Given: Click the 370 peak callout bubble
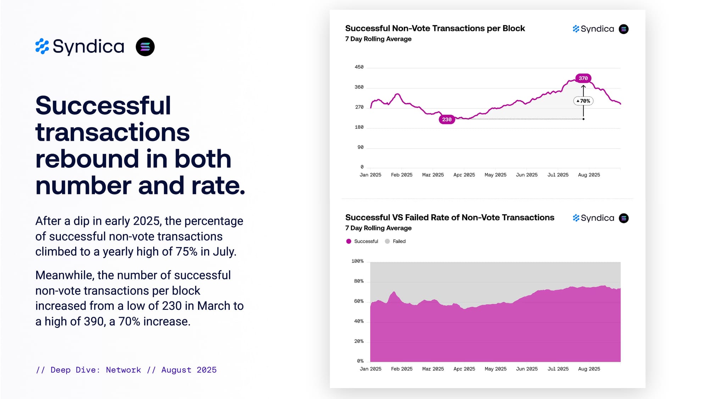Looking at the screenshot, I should point(583,78).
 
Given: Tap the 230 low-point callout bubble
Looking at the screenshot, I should point(447,120).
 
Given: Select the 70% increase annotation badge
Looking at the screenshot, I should point(583,101).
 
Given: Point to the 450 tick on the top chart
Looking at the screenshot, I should point(359,67).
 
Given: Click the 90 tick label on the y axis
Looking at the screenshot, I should point(360,147).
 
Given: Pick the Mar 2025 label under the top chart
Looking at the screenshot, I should point(433,175).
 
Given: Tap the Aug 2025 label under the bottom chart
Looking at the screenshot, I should point(589,369).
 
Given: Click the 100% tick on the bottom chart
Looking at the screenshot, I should point(357,261).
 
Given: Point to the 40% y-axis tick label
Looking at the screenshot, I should point(359,321).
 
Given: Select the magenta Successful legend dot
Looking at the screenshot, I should point(348,241).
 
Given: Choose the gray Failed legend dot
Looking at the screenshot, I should point(387,241).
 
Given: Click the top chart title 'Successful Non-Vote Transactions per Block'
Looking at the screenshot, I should point(435,28).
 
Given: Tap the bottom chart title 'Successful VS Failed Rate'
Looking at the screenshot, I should point(450,217).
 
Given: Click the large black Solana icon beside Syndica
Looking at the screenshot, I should point(145,47).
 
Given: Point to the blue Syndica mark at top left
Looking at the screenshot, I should point(42,46).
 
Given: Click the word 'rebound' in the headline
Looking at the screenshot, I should point(87,159).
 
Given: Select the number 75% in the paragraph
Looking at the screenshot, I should point(186,251).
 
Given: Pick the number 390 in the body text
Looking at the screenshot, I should point(94,321).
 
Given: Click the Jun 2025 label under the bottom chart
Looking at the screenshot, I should point(526,369).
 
